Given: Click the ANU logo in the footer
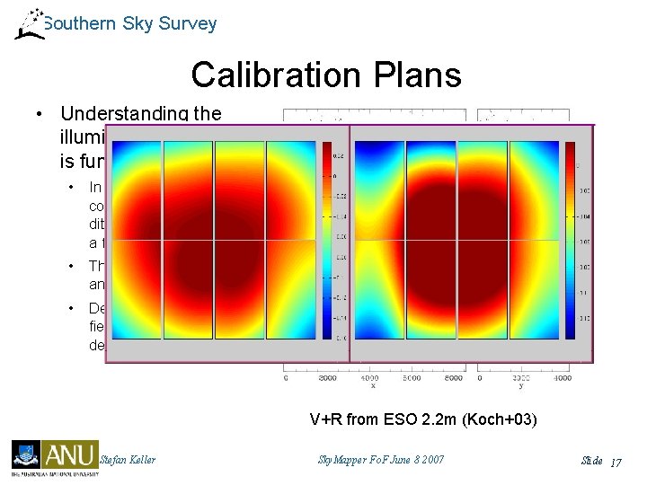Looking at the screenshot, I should (71, 455).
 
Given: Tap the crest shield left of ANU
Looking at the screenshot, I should (23, 454).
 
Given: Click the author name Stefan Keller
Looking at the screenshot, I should (128, 460).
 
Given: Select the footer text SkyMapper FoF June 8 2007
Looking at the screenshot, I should (381, 460).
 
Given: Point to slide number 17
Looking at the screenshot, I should (616, 461).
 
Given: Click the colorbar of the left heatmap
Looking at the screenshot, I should (327, 241).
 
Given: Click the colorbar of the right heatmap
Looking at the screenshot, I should (571, 241).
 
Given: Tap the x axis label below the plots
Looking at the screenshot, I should (370, 386).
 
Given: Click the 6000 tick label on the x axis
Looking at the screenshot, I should (411, 378).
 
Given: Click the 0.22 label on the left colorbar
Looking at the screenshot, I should (340, 154).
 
